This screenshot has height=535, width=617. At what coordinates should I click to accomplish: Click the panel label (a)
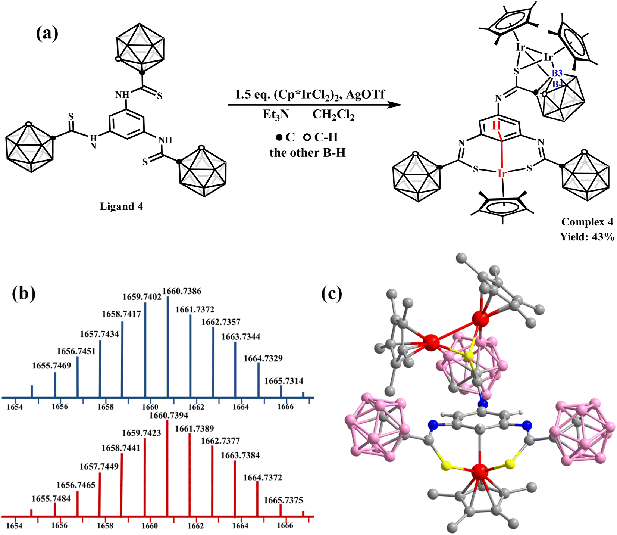(x=47, y=34)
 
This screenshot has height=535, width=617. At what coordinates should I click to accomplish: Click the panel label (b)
(x=24, y=293)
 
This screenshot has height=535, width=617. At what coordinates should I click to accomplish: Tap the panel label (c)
(x=332, y=293)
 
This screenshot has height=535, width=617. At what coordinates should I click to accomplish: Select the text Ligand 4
(x=121, y=206)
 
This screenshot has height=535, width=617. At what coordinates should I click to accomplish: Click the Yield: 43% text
(x=587, y=237)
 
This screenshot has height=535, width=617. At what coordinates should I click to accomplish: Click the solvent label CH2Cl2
(x=333, y=115)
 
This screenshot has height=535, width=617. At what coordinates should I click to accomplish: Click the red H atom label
(x=496, y=126)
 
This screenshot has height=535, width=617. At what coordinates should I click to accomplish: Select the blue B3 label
(x=557, y=74)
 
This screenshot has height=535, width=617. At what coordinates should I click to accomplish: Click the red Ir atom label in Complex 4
(x=502, y=174)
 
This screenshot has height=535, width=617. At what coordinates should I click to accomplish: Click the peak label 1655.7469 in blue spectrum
(x=51, y=366)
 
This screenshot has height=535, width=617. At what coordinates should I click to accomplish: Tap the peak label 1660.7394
(x=169, y=415)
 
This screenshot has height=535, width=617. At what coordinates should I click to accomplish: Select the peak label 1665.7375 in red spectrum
(x=283, y=500)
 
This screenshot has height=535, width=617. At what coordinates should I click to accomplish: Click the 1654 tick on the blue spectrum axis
(x=15, y=407)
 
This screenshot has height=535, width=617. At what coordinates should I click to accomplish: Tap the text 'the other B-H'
(x=308, y=153)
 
